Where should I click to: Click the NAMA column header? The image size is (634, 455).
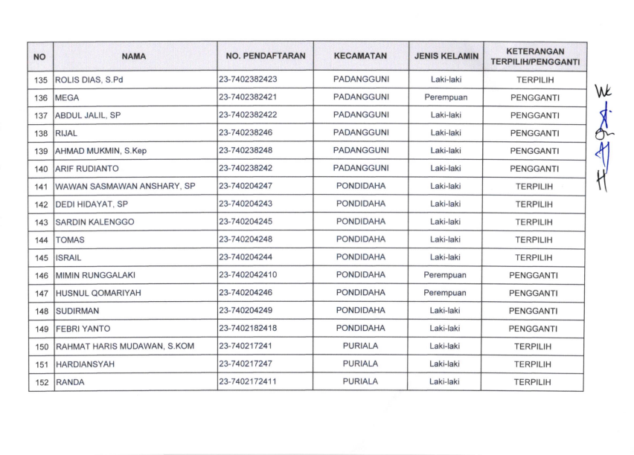pyautogui.click(x=135, y=57)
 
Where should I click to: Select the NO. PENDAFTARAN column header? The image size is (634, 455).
pyautogui.click(x=265, y=57)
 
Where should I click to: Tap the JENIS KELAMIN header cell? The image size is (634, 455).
pyautogui.click(x=446, y=57)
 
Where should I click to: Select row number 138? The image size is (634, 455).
pyautogui.click(x=41, y=134)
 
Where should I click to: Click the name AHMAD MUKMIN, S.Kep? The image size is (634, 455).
pyautogui.click(x=101, y=151)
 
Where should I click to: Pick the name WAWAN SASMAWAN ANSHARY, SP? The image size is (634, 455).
pyautogui.click(x=125, y=187)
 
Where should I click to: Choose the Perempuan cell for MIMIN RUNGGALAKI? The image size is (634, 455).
pyautogui.click(x=445, y=275)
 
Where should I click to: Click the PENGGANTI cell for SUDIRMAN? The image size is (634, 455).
pyautogui.click(x=534, y=312)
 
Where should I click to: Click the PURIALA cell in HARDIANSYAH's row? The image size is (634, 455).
pyautogui.click(x=360, y=364)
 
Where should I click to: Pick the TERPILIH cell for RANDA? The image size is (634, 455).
pyautogui.click(x=534, y=382)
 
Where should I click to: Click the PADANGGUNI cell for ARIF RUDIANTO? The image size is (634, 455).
pyautogui.click(x=360, y=169)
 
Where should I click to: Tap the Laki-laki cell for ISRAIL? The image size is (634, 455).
pyautogui.click(x=445, y=257)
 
